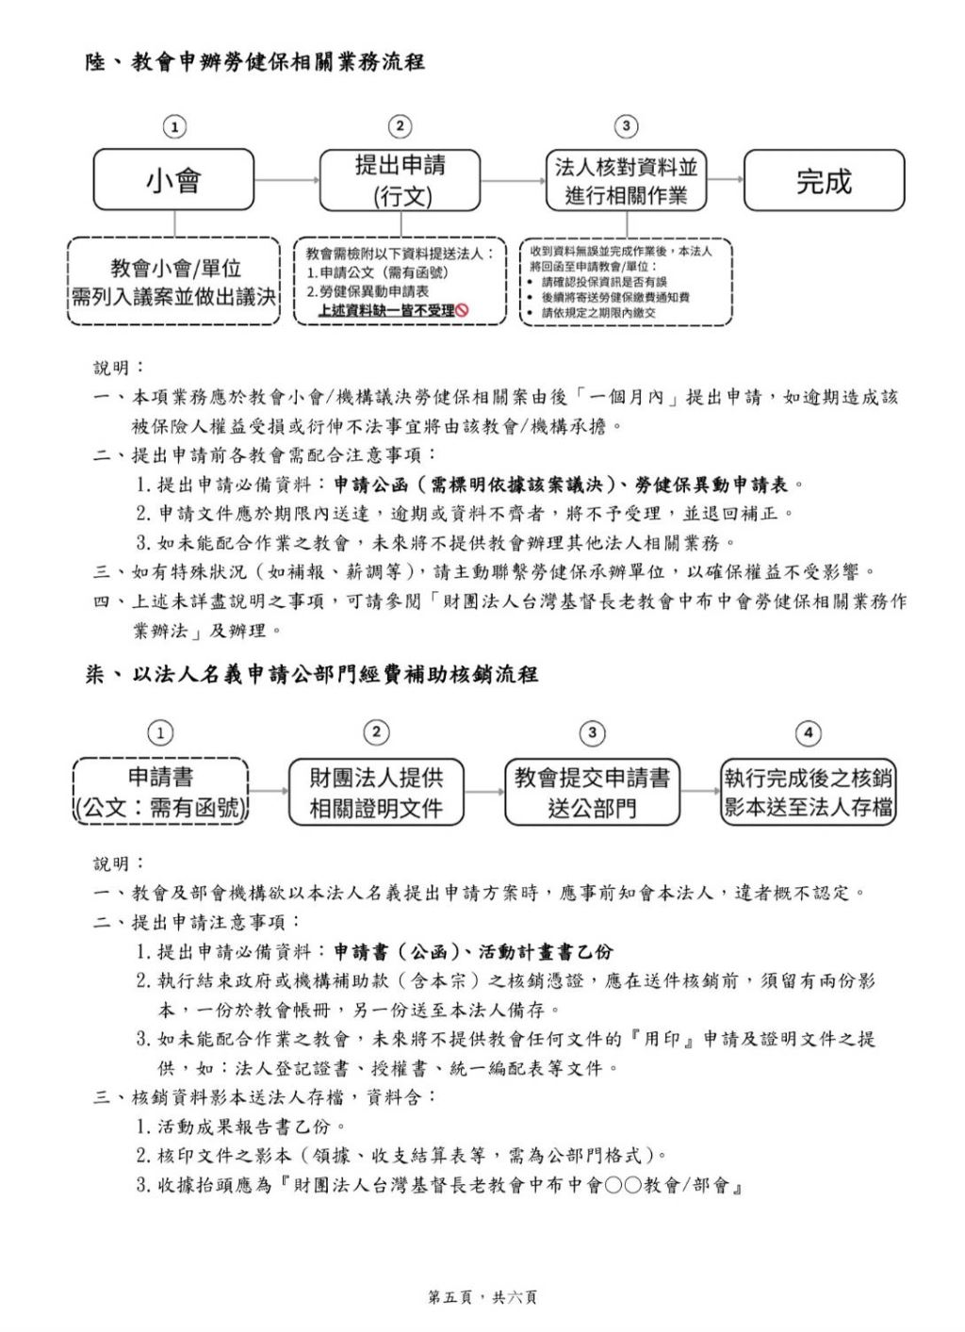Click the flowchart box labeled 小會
coord(173,180)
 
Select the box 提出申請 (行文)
coord(401,180)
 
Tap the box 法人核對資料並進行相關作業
coord(627,180)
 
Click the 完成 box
coord(824,180)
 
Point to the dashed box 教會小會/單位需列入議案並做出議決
coord(174,282)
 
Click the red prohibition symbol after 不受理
coord(463,310)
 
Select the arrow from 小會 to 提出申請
coord(287,180)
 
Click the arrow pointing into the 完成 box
coord(726,180)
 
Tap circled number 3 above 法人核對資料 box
coord(626,126)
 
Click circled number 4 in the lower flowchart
coord(808,732)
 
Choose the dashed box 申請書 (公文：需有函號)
coord(161,792)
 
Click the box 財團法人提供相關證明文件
coord(376,792)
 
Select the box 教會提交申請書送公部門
coord(592,792)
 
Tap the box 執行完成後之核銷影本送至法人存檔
coord(809,792)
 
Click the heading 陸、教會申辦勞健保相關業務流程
coord(255,63)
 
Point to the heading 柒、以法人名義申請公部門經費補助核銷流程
coord(312,675)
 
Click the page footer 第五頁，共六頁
coord(482,1297)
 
